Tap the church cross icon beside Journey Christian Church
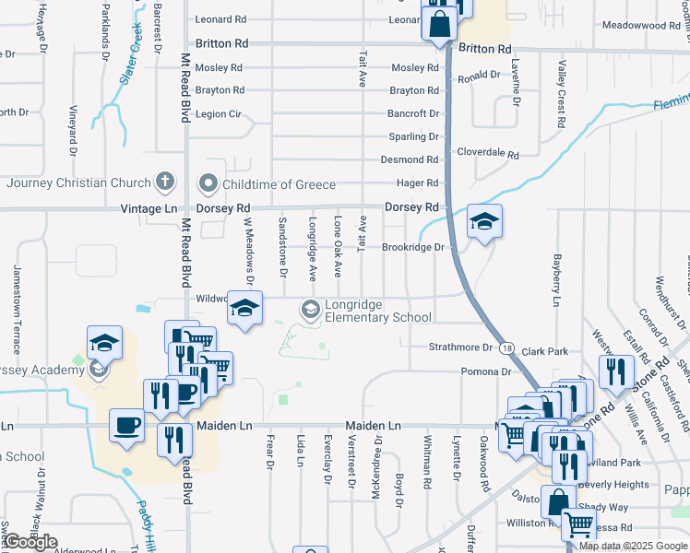click(165, 181)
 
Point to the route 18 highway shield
click(507, 347)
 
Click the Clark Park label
click(544, 351)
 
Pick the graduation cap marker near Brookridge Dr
click(484, 222)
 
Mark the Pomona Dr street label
click(486, 371)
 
